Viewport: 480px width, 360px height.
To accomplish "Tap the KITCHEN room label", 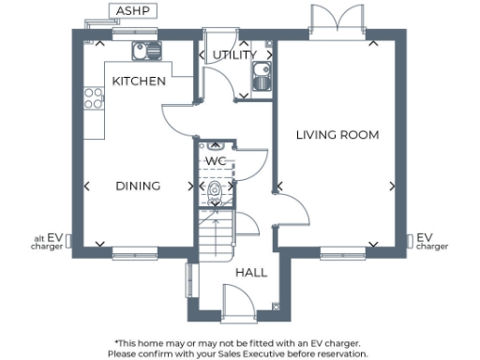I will (x=139, y=82).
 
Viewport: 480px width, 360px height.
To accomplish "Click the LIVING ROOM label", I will (x=337, y=135).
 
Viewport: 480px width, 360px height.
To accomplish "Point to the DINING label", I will (x=138, y=186).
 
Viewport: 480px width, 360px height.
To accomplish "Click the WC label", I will (x=216, y=160).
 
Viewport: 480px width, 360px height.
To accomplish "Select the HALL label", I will (x=251, y=273).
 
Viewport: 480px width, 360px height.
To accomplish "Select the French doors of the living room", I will (x=337, y=22).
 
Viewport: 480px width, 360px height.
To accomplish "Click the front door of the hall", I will (x=233, y=302).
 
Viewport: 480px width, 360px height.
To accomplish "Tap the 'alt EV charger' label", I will (x=47, y=242).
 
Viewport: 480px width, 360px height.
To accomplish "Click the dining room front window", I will (x=127, y=251).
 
